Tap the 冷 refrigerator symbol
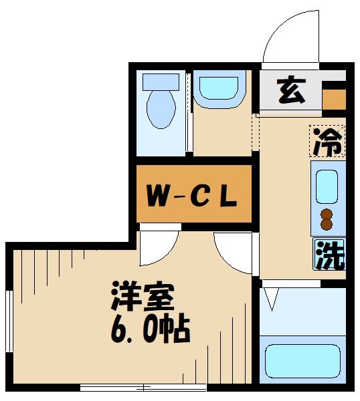(x=328, y=140)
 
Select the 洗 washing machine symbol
(x=329, y=255)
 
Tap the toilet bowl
(x=161, y=109)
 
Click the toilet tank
(x=161, y=82)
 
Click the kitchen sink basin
(x=327, y=187)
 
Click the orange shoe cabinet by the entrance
(x=334, y=98)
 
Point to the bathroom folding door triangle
(x=270, y=299)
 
